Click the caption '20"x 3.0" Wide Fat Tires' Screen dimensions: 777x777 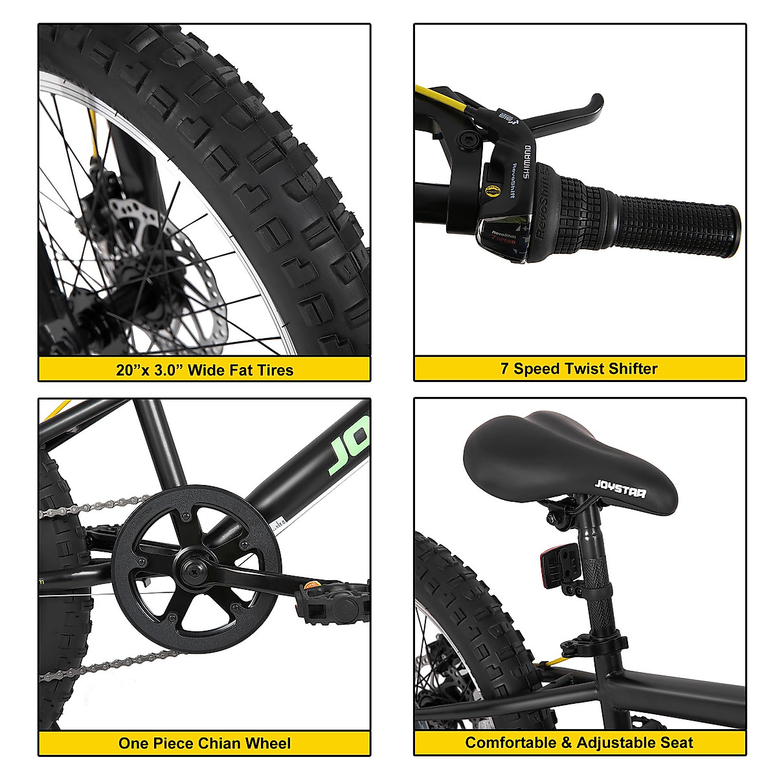point(205,370)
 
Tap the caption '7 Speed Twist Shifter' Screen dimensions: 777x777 point(579,368)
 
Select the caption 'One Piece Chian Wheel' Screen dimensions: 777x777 point(205,743)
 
